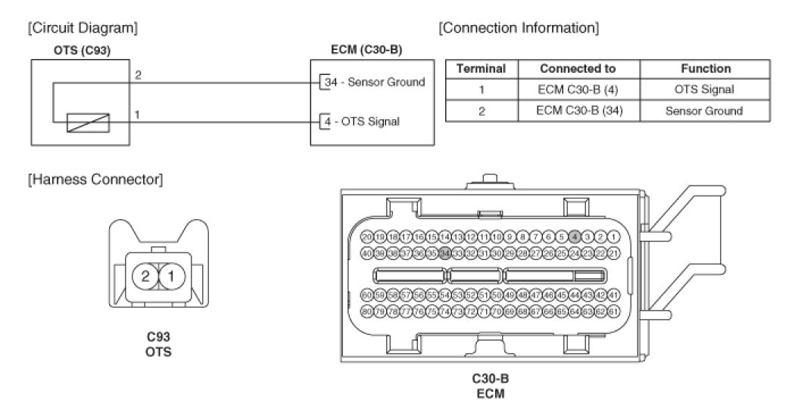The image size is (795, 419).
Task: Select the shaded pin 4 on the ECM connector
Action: (x=575, y=237)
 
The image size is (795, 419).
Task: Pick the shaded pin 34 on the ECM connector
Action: (x=445, y=252)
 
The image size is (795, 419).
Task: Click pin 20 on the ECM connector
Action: (x=367, y=237)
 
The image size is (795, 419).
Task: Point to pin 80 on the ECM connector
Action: (x=367, y=311)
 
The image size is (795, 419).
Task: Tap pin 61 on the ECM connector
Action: (x=614, y=311)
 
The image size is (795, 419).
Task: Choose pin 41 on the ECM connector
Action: (x=614, y=294)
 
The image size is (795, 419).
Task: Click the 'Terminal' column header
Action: (x=481, y=68)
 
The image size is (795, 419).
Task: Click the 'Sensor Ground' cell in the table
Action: (x=703, y=111)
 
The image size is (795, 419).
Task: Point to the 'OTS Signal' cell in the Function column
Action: (x=703, y=89)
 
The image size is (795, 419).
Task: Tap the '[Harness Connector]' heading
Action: (x=95, y=180)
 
